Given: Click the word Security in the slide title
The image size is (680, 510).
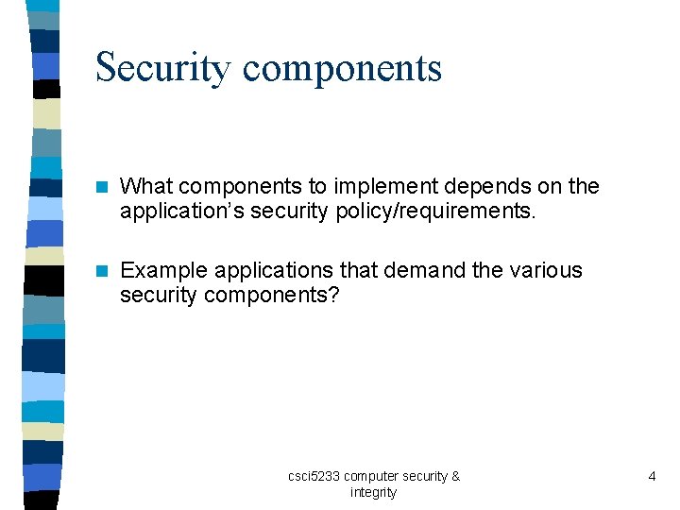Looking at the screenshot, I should [x=162, y=68].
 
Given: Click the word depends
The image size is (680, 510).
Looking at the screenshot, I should [x=487, y=187].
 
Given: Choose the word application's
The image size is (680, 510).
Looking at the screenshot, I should [x=178, y=212].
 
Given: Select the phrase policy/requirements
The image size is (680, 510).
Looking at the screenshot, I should [x=435, y=212].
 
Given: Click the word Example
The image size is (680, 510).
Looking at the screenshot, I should [x=161, y=270].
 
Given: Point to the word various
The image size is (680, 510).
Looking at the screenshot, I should [x=546, y=270].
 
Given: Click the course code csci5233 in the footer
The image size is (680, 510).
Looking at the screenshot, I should [x=314, y=476].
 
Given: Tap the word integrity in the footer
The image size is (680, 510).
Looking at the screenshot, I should [x=373, y=492].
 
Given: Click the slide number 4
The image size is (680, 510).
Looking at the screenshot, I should [x=652, y=476].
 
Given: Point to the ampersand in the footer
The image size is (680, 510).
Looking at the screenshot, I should [x=455, y=476].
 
